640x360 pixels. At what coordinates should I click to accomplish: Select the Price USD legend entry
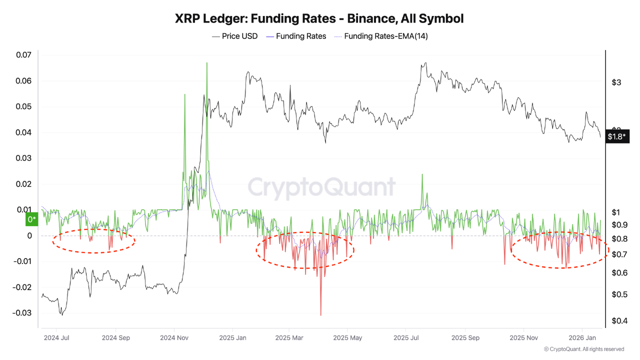pyautogui.click(x=234, y=36)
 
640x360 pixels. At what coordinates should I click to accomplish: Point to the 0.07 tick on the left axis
pyautogui.click(x=23, y=55)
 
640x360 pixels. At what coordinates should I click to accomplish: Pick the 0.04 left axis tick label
pyautogui.click(x=23, y=132)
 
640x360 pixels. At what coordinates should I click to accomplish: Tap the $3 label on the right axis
pyautogui.click(x=616, y=82)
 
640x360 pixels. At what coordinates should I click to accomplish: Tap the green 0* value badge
pyautogui.click(x=31, y=219)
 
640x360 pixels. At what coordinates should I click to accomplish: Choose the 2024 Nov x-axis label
pyautogui.click(x=174, y=338)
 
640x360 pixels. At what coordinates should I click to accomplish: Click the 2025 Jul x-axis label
pyautogui.click(x=407, y=338)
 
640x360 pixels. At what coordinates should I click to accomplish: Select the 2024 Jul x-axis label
pyautogui.click(x=56, y=338)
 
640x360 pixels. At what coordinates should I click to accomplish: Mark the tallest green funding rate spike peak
pyautogui.click(x=206, y=63)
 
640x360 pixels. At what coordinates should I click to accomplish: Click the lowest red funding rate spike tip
pyautogui.click(x=320, y=315)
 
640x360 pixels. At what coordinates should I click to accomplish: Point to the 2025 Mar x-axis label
pyautogui.click(x=289, y=338)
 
